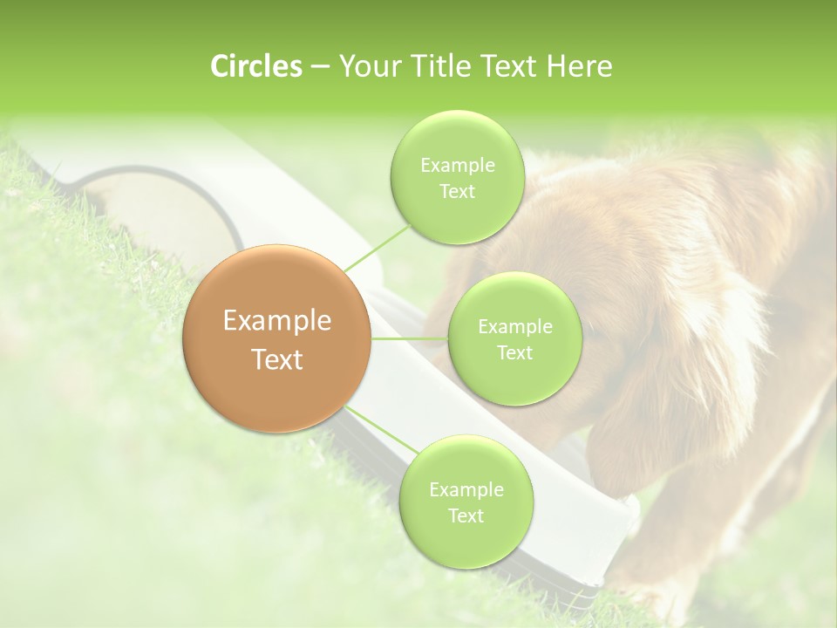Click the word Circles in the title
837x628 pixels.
pyautogui.click(x=255, y=66)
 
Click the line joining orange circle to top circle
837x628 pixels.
pyautogui.click(x=378, y=247)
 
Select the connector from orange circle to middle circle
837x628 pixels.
pyautogui.click(x=410, y=338)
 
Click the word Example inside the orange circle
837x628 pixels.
pyautogui.click(x=277, y=321)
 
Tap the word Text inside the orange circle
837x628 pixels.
pyautogui.click(x=277, y=359)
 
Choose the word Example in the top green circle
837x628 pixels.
pyautogui.click(x=458, y=166)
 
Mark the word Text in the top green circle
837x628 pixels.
pyautogui.click(x=457, y=192)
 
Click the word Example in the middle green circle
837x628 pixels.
pyautogui.click(x=515, y=327)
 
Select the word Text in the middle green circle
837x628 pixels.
pyautogui.click(x=514, y=352)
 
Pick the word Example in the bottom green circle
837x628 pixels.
pyautogui.click(x=466, y=490)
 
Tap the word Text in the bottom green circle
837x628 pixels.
pyautogui.click(x=466, y=515)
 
